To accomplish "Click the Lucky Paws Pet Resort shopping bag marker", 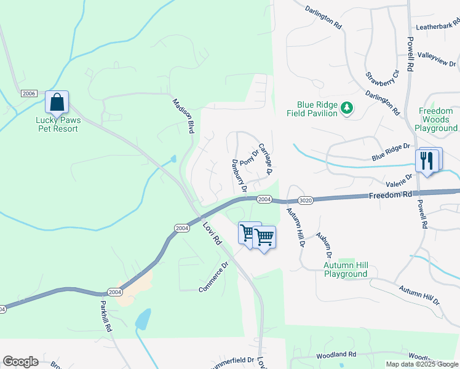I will [57, 103].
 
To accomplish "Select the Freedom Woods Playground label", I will [436, 120].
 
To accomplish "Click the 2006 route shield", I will [29, 93].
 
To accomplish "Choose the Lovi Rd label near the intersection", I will [212, 233].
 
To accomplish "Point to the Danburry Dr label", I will [239, 175].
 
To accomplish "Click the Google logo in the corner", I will [20, 362].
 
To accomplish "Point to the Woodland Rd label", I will [336, 355].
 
